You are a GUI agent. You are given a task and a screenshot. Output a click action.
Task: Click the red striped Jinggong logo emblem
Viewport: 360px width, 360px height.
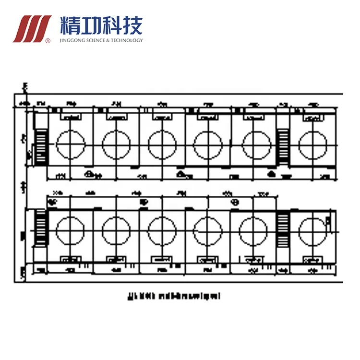(x=32, y=29)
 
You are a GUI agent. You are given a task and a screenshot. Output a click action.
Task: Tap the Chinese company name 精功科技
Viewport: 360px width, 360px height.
(x=101, y=24)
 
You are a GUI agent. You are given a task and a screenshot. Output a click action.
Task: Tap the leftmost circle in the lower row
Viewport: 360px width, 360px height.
(x=71, y=230)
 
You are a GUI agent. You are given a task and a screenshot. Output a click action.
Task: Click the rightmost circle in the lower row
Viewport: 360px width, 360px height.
(x=312, y=230)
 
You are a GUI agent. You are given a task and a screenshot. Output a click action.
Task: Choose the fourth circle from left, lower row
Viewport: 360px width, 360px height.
(x=208, y=230)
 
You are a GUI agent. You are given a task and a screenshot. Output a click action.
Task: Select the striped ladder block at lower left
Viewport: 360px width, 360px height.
(x=41, y=227)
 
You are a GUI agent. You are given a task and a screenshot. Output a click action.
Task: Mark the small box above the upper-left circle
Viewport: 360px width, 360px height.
(x=72, y=117)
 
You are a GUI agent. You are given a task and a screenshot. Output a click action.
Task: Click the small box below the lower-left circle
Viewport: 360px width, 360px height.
(x=72, y=260)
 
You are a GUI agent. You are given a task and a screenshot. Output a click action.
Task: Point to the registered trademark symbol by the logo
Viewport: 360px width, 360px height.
(x=47, y=40)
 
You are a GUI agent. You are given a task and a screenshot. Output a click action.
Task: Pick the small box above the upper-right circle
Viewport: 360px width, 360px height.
(x=313, y=117)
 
